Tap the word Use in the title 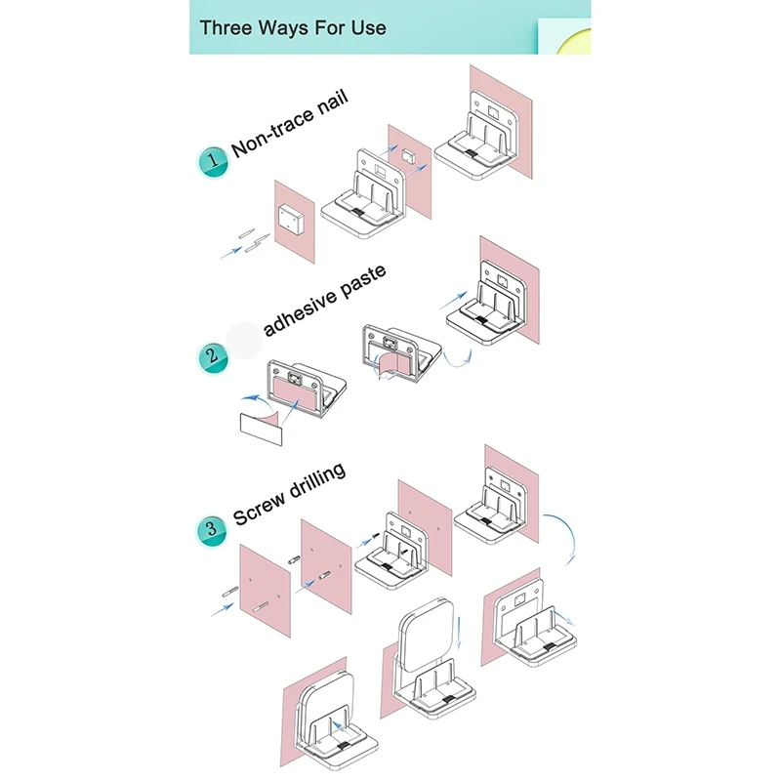click(366, 26)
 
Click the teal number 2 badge click(212, 355)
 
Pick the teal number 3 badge click(212, 531)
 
